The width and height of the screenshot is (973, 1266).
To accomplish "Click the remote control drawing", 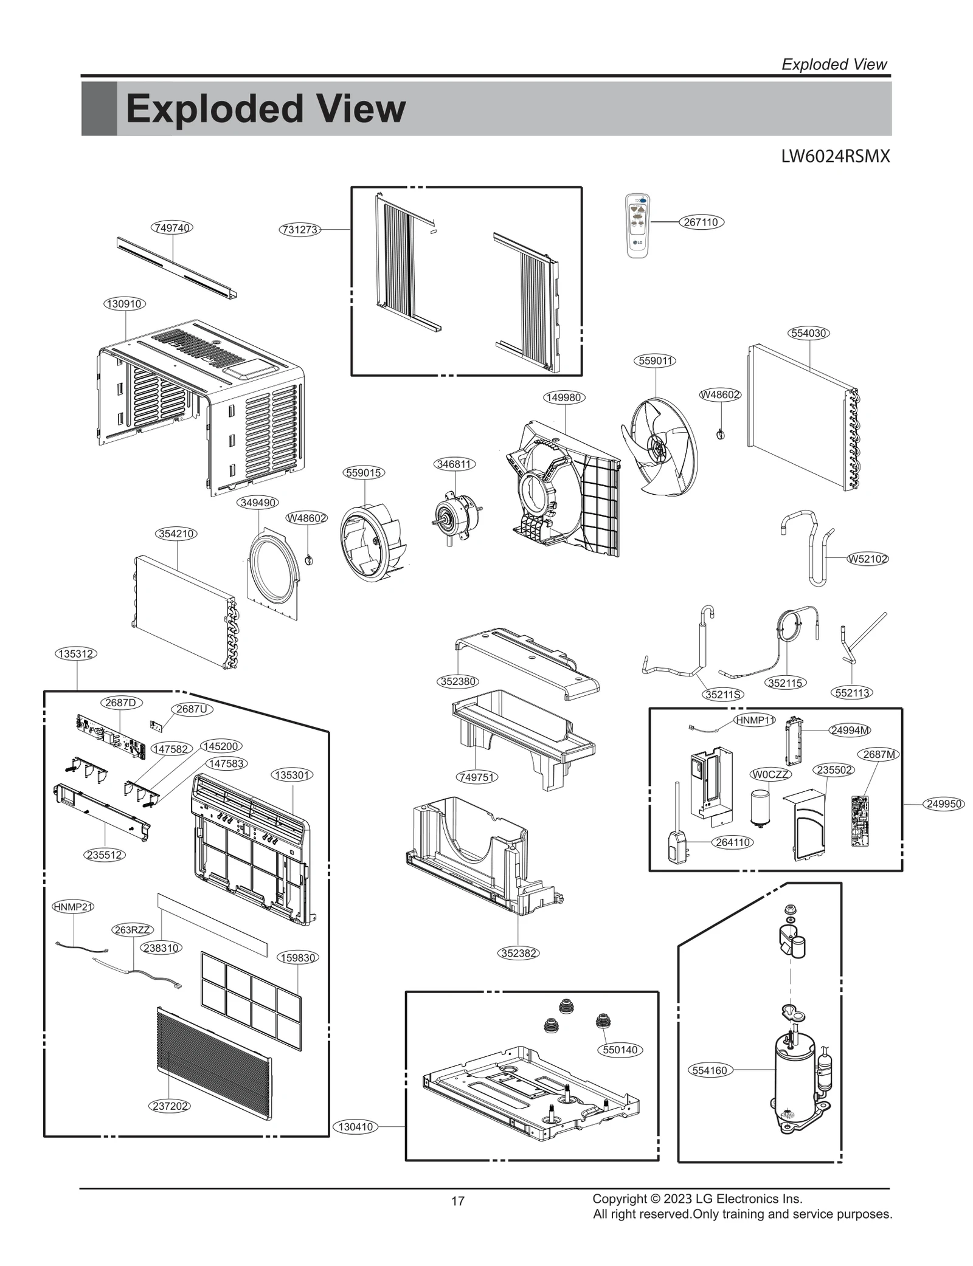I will [x=637, y=225].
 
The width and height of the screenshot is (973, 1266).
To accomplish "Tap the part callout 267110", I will [x=701, y=222].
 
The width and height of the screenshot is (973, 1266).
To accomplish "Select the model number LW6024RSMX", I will [x=835, y=157].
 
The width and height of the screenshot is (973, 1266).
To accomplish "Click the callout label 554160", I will [x=710, y=1070].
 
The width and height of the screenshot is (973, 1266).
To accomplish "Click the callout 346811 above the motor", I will [x=454, y=464].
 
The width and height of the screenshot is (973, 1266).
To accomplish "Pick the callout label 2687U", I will [x=192, y=709].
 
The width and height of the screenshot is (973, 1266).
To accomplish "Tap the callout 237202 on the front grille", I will [x=170, y=1106].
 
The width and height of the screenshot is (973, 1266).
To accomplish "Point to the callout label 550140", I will [x=620, y=1050].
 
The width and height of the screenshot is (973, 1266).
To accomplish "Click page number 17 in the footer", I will [x=458, y=1201].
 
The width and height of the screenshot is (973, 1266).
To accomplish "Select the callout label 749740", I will [x=172, y=228].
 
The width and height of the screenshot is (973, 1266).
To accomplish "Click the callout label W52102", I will [x=868, y=559].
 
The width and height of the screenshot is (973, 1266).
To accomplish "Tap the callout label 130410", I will [x=356, y=1126].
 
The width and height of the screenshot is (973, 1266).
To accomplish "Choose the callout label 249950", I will [x=944, y=804].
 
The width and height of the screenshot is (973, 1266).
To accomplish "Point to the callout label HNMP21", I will [x=74, y=907].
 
